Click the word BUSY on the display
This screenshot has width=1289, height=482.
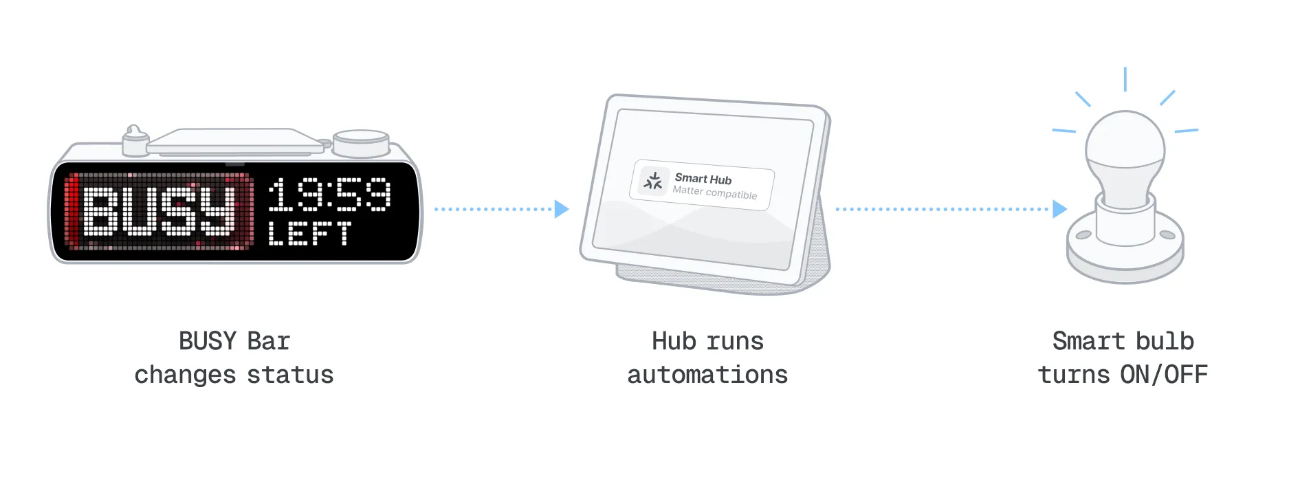(159, 211)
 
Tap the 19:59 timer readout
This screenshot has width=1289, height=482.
(329, 194)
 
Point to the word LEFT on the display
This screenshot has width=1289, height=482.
(309, 233)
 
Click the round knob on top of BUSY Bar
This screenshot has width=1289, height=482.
(361, 142)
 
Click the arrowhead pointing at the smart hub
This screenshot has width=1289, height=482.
(562, 209)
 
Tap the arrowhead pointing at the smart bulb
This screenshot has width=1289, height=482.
(1059, 209)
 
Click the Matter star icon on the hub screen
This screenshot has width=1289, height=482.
(653, 181)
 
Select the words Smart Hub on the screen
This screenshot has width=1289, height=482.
(703, 179)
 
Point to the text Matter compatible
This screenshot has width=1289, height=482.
(714, 193)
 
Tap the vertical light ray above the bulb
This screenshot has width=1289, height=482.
(1125, 79)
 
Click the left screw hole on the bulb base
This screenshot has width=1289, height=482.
(1083, 235)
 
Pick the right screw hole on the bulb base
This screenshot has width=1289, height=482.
(1167, 235)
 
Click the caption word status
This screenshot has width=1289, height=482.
(290, 375)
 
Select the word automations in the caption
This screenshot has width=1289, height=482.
(707, 375)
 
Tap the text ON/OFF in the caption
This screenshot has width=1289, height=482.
(1164, 375)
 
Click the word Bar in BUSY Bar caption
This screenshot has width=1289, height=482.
(269, 342)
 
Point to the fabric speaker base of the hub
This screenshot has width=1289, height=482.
(722, 278)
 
